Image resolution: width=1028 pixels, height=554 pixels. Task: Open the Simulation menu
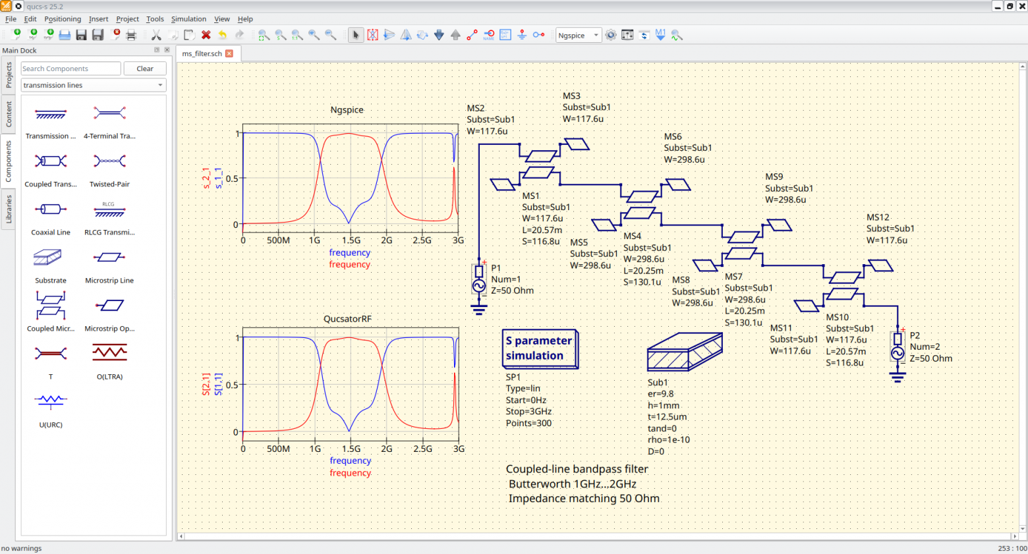188,19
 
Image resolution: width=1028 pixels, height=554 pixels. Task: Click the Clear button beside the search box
145,69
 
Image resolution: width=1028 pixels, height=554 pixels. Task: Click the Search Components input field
71,69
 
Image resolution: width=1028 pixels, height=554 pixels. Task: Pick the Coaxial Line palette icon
51,209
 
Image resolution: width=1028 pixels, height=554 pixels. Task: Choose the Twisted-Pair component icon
109,161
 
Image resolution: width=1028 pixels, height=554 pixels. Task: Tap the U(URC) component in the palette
51,401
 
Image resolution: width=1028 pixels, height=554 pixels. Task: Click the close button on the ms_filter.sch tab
229,53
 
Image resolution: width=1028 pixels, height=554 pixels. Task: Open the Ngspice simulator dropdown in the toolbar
578,36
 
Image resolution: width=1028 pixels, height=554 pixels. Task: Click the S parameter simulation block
540,348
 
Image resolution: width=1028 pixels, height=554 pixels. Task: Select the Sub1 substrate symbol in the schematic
685,352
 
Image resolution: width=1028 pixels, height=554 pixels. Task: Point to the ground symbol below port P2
898,377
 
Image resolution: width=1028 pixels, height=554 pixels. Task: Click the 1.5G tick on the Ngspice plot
351,240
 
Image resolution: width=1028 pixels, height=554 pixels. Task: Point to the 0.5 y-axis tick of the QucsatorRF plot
233,385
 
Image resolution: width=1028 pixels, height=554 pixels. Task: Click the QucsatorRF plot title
347,319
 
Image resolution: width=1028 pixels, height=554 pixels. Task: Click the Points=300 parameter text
528,424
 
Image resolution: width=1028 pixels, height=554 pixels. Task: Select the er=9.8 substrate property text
661,394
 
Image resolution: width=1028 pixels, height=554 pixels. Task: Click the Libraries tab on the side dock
9,209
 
